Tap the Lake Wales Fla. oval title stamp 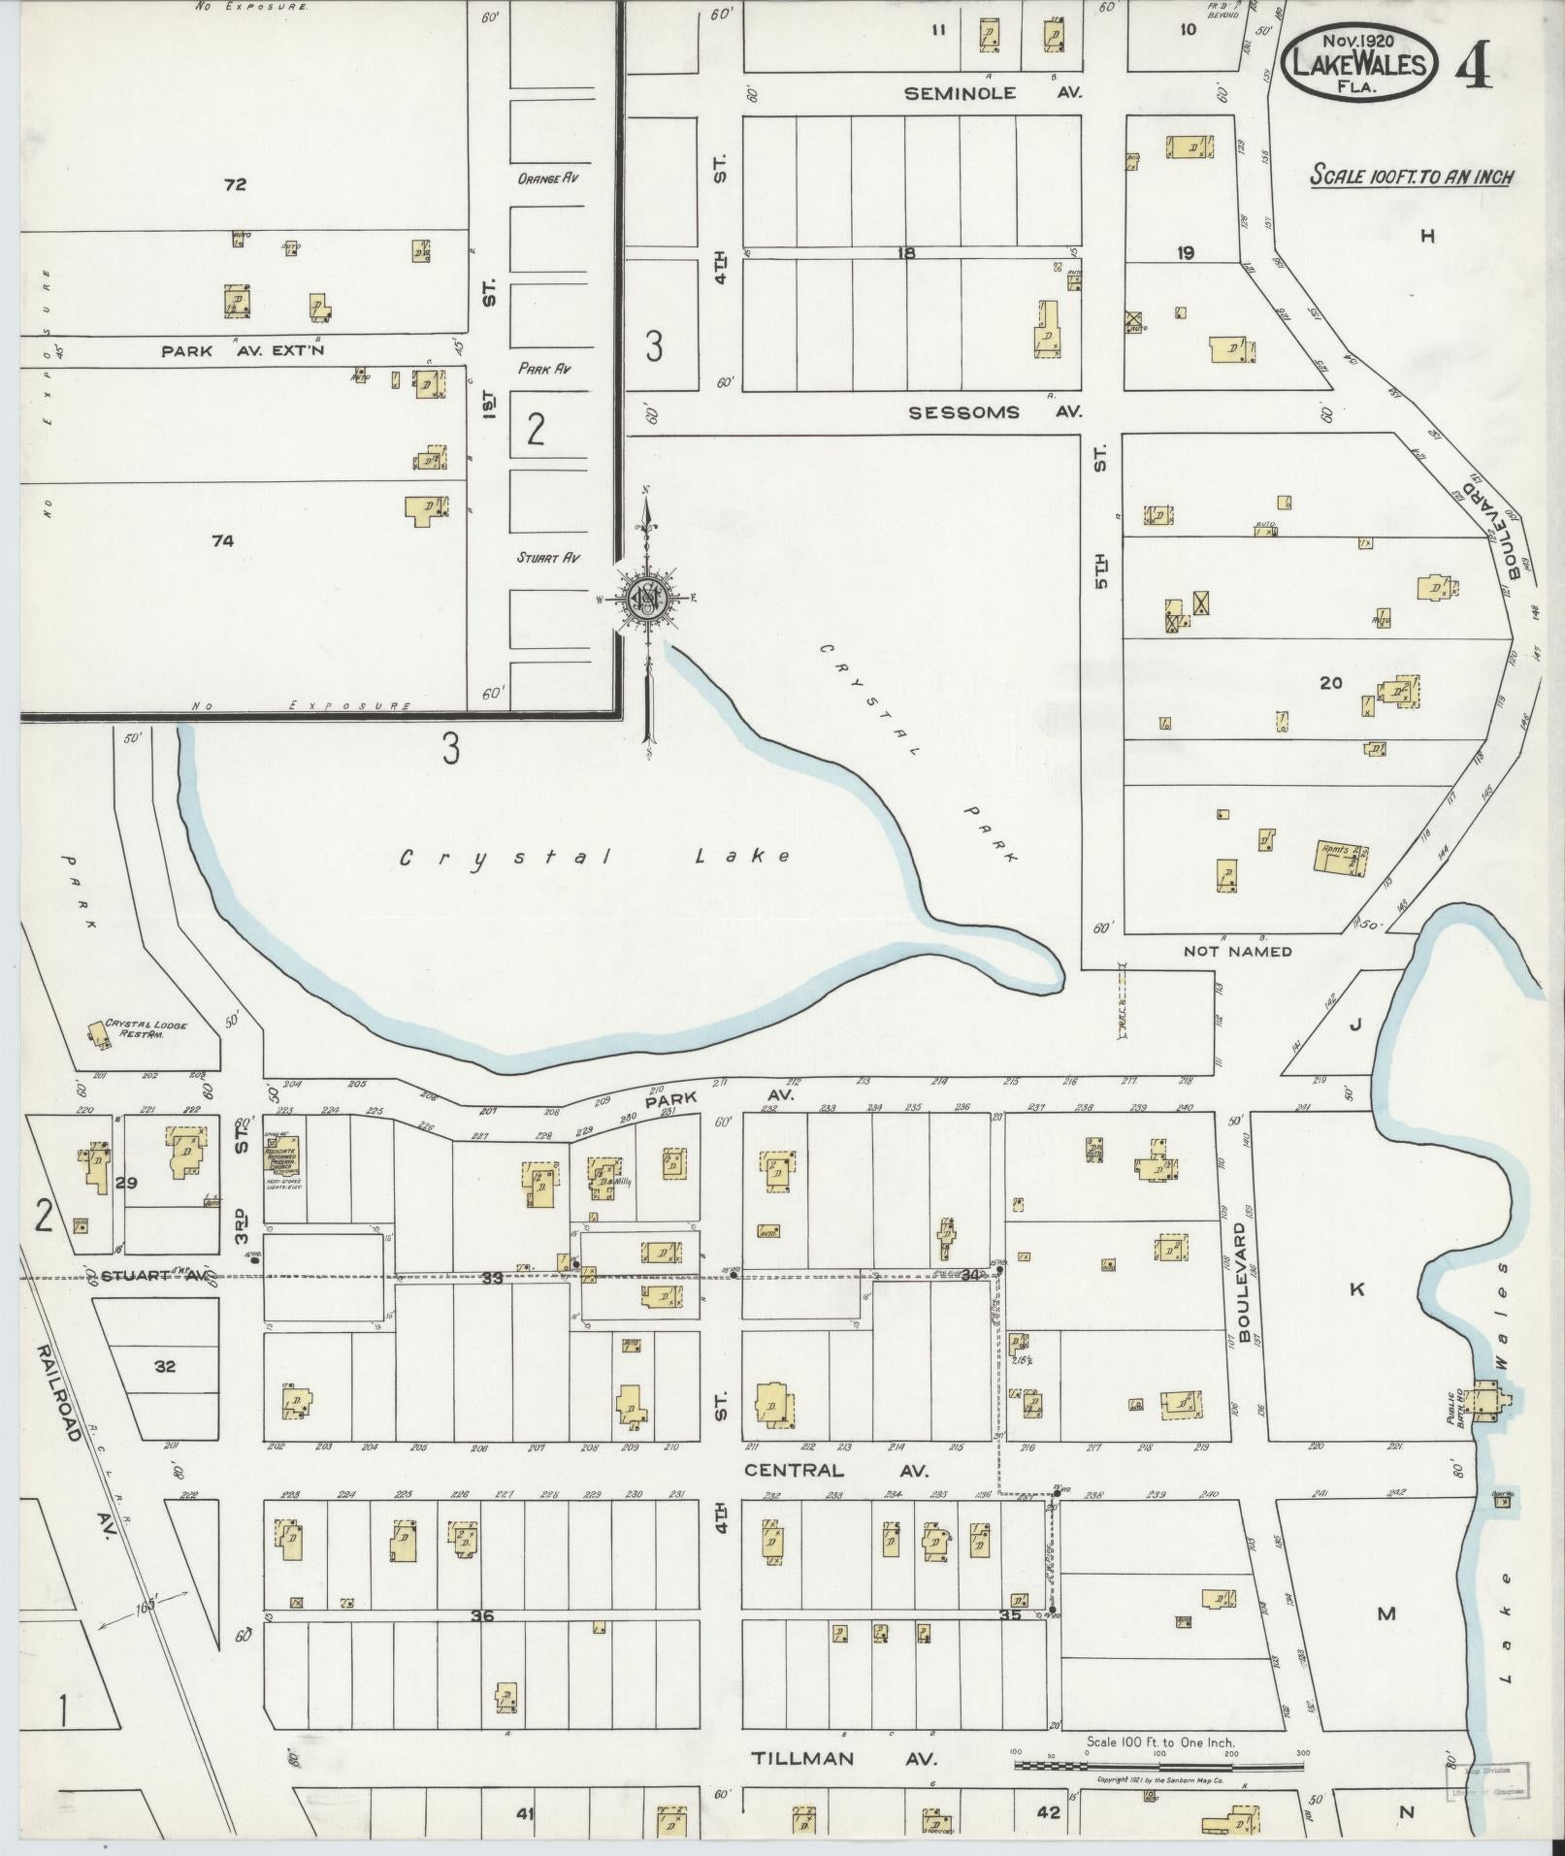[1357, 63]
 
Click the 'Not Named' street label [1237, 952]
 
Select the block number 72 [235, 184]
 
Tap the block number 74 [222, 541]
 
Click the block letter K [1357, 1289]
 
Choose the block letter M [1386, 1613]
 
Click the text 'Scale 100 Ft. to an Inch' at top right [1412, 177]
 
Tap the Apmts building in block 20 [1343, 858]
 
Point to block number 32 [165, 1367]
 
